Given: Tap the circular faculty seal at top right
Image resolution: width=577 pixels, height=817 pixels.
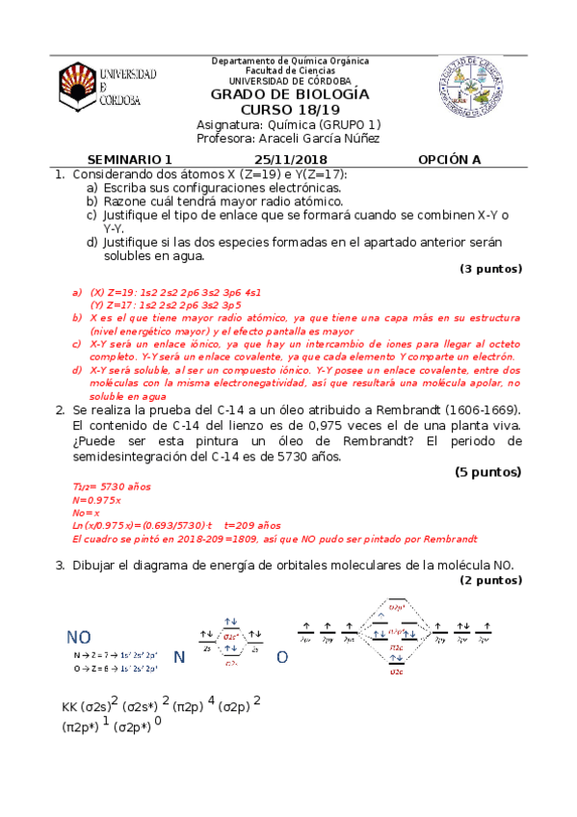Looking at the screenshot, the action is pyautogui.click(x=469, y=86).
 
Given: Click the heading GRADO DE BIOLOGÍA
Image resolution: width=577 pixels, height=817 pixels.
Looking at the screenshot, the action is pyautogui.click(x=289, y=94).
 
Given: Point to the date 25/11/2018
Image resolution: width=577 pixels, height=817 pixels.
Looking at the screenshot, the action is pyautogui.click(x=291, y=160).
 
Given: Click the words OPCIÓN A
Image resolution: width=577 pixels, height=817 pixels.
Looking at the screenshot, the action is pyautogui.click(x=449, y=160).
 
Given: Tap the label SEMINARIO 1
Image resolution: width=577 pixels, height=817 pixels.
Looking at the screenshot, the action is pyautogui.click(x=128, y=160).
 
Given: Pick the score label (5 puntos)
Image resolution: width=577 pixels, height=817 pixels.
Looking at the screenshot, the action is pyautogui.click(x=487, y=472).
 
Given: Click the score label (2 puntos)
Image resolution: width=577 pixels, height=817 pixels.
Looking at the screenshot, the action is pyautogui.click(x=490, y=581).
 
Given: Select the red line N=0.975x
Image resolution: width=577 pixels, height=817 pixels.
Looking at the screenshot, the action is pyautogui.click(x=97, y=501).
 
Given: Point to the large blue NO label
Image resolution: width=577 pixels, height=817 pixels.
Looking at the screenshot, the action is pyautogui.click(x=79, y=638).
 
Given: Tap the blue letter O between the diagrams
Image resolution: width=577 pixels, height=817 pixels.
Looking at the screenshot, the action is pyautogui.click(x=282, y=657).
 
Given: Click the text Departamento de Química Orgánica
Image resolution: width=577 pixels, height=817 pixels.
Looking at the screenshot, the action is pyautogui.click(x=289, y=61).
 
